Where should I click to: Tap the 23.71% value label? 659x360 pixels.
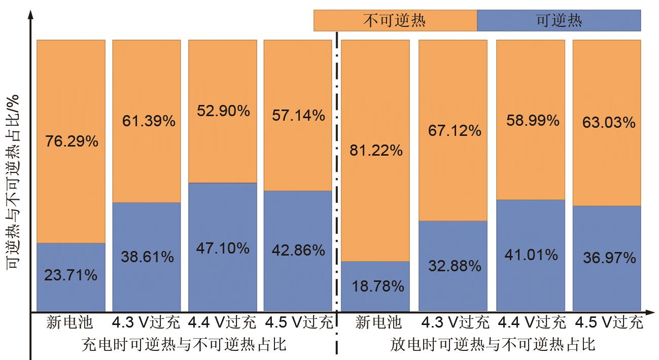point(72,275)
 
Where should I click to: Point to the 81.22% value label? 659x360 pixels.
point(376,150)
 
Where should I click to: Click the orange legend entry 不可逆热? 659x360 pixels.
point(395,21)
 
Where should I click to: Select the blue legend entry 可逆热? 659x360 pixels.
point(559,21)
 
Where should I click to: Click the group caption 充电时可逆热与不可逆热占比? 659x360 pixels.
point(184,345)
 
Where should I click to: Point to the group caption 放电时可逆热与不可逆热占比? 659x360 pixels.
point(493,345)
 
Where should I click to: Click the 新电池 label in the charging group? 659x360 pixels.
point(70,322)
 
